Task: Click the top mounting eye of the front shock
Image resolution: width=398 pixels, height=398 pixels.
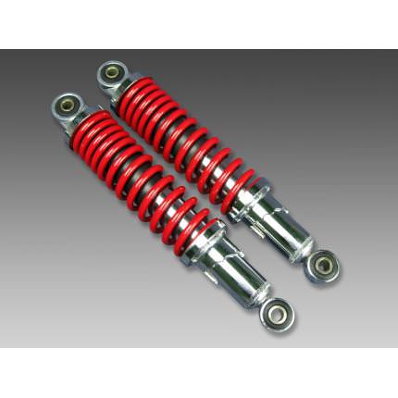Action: [x=68, y=104]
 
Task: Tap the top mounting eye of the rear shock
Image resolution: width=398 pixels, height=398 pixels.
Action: [x=111, y=73]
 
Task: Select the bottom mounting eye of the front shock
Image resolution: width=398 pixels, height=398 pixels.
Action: [x=278, y=316]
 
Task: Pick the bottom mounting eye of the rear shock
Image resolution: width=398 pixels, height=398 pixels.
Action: [x=323, y=266]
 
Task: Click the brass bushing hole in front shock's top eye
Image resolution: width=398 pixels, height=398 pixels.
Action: [x=68, y=104]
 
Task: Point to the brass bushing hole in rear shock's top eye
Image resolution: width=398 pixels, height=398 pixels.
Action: [x=111, y=73]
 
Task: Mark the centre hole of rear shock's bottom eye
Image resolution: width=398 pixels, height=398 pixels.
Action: [x=324, y=267]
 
